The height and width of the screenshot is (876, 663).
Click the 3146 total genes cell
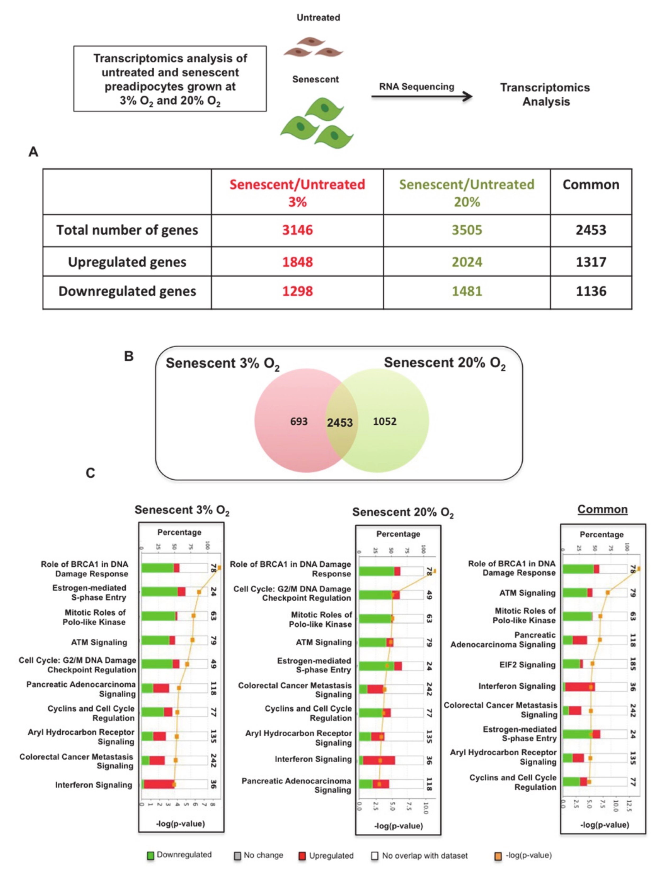(x=297, y=230)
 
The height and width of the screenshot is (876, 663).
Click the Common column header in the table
(x=591, y=185)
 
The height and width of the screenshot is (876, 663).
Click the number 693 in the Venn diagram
(x=299, y=421)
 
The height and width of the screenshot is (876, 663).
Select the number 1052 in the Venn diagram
(x=385, y=421)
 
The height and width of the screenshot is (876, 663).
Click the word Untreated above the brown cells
(x=318, y=17)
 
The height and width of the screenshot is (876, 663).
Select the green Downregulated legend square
(x=150, y=855)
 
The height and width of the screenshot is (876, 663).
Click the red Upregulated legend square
(x=302, y=856)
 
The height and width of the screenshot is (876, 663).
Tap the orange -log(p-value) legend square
(x=498, y=856)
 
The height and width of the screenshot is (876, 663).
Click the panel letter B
(x=128, y=356)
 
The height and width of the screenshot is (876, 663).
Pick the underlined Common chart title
(x=602, y=509)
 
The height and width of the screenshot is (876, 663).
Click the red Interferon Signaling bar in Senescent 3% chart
(x=159, y=784)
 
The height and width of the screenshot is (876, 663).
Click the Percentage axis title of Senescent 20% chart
(x=398, y=534)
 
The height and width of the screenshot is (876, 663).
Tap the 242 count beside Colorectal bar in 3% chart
(x=213, y=760)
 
